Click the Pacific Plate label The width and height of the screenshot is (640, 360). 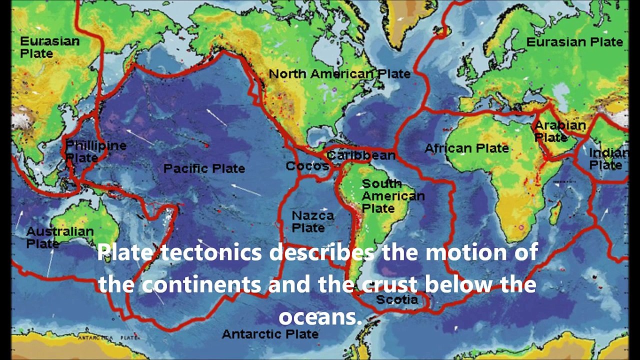tap(204, 168)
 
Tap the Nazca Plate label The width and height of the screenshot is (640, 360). tap(312, 221)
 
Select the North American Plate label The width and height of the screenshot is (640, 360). tap(339, 74)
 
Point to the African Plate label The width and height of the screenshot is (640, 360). tap(466, 148)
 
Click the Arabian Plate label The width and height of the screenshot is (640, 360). tap(559, 131)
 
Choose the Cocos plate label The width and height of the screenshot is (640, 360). tap(307, 166)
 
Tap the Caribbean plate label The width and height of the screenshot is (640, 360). tap(361, 155)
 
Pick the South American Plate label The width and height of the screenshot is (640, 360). tap(392, 195)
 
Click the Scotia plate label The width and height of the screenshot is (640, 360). tap(396, 299)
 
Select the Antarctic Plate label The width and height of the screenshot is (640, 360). tap(270, 333)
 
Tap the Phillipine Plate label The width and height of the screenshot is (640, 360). tap(95, 151)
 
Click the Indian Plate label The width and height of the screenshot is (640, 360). tap(607, 159)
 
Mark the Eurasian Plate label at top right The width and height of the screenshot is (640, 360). tap(574, 42)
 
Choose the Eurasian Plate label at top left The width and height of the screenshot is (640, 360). tap(49, 47)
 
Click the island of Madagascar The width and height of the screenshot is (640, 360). tap(554, 212)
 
